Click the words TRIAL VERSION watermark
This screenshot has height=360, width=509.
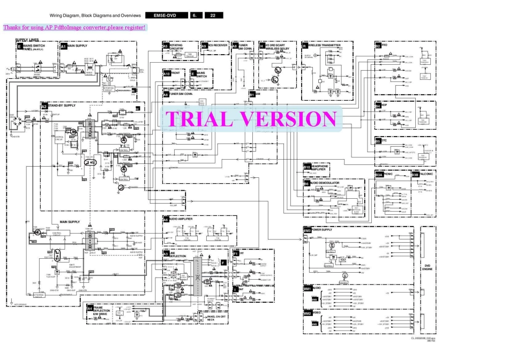tap(251, 119)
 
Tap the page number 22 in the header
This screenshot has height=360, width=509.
tap(213, 16)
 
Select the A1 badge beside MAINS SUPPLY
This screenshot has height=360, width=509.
tap(63, 47)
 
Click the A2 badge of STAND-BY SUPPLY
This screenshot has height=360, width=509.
tap(44, 106)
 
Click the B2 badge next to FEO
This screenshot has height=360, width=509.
tap(378, 46)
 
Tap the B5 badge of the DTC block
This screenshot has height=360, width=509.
tap(378, 141)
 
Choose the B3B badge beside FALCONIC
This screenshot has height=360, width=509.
tap(415, 175)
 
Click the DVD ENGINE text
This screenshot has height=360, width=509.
tap(428, 269)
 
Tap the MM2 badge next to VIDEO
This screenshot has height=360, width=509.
tap(307, 312)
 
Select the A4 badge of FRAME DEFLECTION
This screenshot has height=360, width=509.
tap(90, 308)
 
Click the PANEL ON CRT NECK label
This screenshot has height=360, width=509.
tap(217, 317)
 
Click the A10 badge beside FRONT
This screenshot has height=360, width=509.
tap(167, 73)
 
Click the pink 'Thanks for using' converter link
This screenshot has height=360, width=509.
tap(74, 27)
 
